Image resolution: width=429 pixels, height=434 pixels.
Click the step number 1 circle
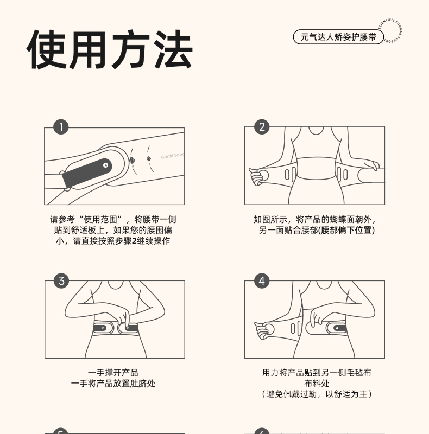[x=61, y=127]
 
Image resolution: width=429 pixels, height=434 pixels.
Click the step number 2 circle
[x=262, y=127]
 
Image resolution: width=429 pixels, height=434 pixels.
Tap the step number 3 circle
[x=61, y=280]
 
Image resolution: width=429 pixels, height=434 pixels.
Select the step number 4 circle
[x=262, y=280]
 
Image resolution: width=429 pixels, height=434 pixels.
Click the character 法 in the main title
[x=173, y=49]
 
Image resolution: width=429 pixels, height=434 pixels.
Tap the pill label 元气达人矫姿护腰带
[x=338, y=37]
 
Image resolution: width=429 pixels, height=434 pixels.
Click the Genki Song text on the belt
[x=172, y=156]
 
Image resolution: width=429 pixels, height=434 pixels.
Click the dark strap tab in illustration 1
[x=86, y=173]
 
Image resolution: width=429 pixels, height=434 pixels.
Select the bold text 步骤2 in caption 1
[x=126, y=241]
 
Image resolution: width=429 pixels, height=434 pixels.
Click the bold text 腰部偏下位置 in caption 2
[x=346, y=230]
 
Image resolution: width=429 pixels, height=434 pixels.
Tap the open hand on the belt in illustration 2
[x=369, y=165]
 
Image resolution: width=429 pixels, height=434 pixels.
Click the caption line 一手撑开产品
[x=113, y=373]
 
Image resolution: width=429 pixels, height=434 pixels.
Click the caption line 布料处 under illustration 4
[x=317, y=384]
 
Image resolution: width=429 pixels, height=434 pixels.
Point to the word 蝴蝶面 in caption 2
[x=342, y=219]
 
